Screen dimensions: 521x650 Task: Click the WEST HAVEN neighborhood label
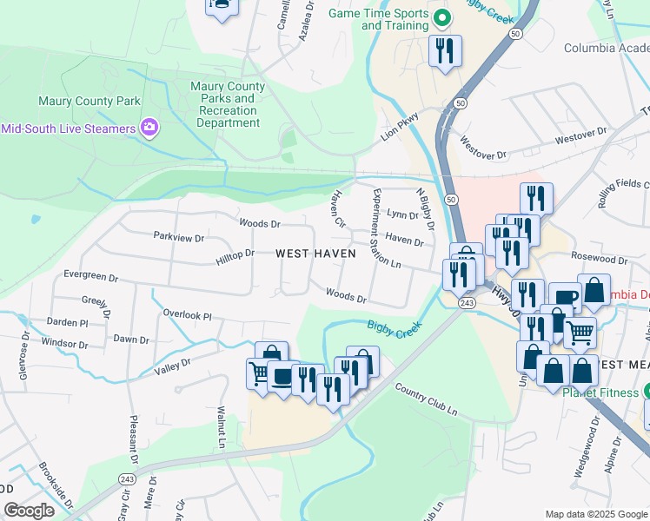click(x=315, y=254)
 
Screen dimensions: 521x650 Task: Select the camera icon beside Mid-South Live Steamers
click(x=149, y=129)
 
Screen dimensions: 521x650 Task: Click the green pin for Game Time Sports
click(x=441, y=17)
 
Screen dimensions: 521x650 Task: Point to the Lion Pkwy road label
click(x=400, y=128)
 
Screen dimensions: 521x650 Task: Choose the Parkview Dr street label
click(x=178, y=237)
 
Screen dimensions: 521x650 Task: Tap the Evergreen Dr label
click(x=90, y=276)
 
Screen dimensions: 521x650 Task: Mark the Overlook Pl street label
click(x=188, y=314)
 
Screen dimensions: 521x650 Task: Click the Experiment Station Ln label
click(x=387, y=228)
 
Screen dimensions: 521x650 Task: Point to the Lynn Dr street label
click(x=402, y=214)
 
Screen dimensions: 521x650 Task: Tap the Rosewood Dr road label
click(x=599, y=259)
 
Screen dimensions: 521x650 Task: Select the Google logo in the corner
click(x=29, y=511)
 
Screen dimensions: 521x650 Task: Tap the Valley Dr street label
click(x=172, y=368)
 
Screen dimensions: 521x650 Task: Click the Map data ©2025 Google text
click(x=595, y=514)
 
